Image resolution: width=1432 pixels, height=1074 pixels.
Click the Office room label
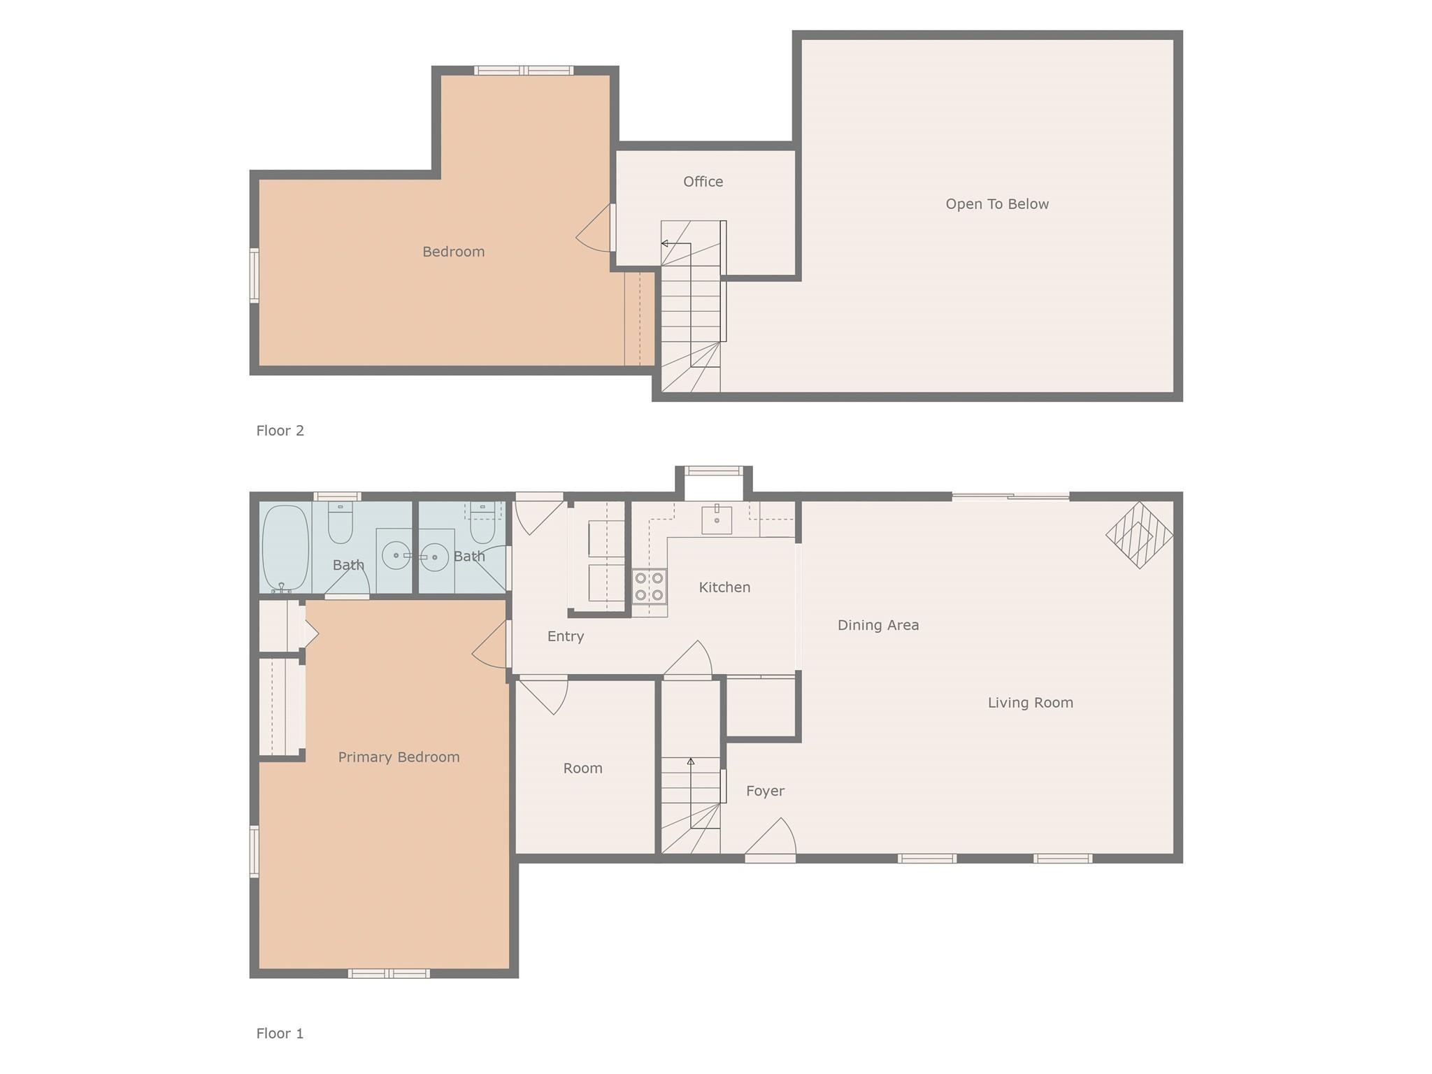(x=703, y=182)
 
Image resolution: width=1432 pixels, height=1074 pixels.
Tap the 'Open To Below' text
(x=996, y=204)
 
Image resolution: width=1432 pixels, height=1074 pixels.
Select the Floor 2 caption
(x=280, y=431)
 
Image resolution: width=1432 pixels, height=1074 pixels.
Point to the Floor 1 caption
(x=280, y=1033)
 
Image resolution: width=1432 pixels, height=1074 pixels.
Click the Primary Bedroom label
(x=399, y=757)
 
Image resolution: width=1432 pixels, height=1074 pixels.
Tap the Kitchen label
(x=724, y=587)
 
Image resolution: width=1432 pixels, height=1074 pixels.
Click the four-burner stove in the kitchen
(x=649, y=586)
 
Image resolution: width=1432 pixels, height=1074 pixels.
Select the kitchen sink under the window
(x=716, y=520)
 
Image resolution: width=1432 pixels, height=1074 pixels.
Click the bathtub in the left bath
(x=285, y=548)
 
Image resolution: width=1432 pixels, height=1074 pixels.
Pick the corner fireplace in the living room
(x=1139, y=535)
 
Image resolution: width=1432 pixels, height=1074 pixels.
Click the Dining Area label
(x=878, y=625)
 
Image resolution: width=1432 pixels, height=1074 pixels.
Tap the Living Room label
(x=1030, y=703)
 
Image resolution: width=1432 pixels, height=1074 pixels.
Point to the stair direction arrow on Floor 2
(x=665, y=243)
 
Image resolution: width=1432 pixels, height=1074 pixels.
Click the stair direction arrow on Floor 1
(x=691, y=761)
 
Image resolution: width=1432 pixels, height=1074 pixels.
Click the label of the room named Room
(x=582, y=768)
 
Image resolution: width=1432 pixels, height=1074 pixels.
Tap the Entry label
(x=565, y=636)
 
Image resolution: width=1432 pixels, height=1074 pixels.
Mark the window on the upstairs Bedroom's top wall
(x=524, y=70)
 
